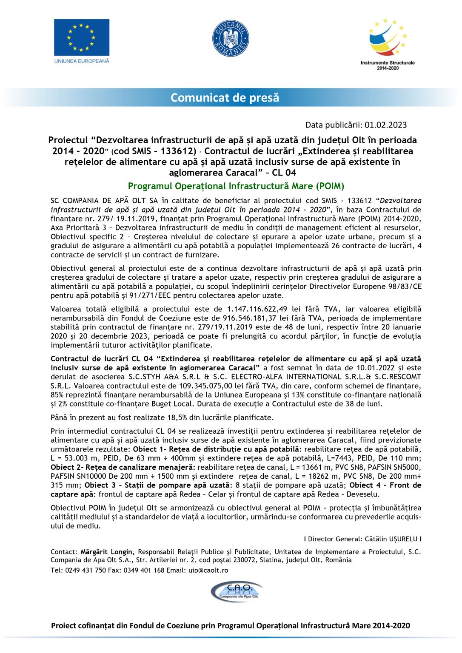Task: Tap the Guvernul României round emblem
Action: point(231,38)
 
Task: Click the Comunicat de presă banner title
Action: point(225,98)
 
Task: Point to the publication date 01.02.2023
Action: point(385,125)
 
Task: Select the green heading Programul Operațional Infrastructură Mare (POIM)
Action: point(236,186)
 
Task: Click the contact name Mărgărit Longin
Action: point(107,552)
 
